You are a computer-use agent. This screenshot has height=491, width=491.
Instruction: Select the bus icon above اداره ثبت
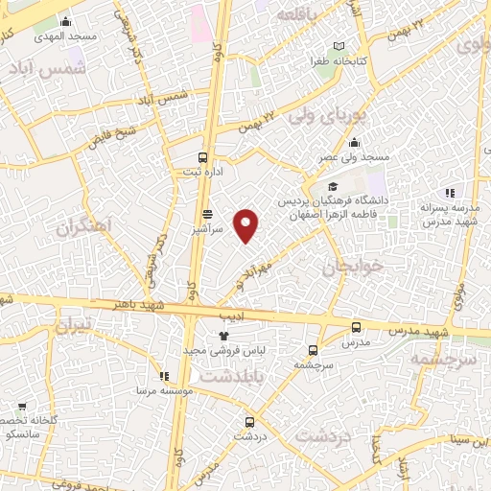(202, 156)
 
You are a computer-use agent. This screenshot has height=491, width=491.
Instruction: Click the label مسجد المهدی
(64, 35)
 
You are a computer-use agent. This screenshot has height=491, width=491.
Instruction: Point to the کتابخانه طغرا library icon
(340, 46)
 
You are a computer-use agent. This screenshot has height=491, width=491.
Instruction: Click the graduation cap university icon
(333, 187)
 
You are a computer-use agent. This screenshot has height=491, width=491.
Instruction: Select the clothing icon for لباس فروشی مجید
(223, 336)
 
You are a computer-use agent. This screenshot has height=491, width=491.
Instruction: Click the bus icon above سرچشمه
(314, 350)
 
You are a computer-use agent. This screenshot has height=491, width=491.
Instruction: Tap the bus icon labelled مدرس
(357, 327)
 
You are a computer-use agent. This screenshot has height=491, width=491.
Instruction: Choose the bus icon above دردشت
(250, 421)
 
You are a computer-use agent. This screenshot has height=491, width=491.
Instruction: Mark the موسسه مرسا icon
(164, 376)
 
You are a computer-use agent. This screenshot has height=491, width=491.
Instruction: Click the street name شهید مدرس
(418, 331)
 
